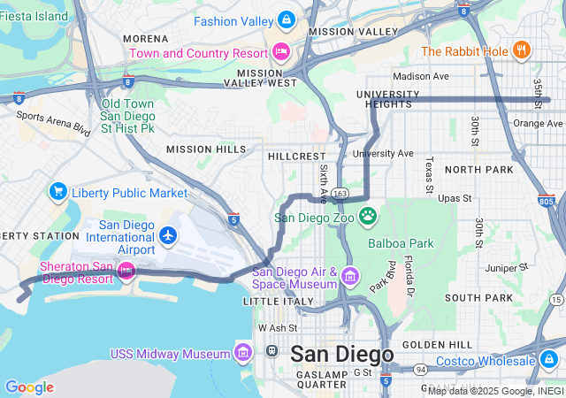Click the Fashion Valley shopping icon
(x=286, y=19)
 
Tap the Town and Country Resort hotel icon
(x=281, y=52)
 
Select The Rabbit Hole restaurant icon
(x=523, y=50)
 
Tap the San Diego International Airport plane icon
(x=169, y=235)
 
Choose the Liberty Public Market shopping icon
(x=58, y=191)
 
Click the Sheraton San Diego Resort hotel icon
(x=126, y=269)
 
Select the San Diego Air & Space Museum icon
(x=350, y=278)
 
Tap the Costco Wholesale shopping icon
(x=548, y=359)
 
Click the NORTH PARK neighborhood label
(x=478, y=169)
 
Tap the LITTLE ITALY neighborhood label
(x=279, y=302)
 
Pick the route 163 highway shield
(x=340, y=192)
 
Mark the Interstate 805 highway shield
(x=546, y=202)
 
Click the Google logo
(x=29, y=387)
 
